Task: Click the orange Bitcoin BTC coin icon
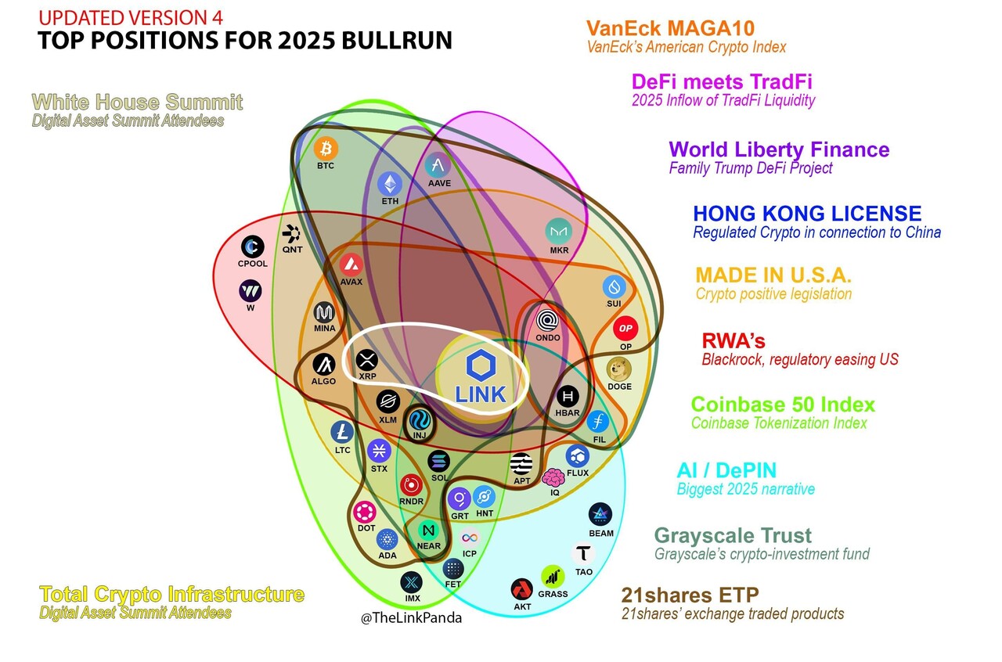pyautogui.click(x=326, y=149)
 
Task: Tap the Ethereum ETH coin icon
pyautogui.click(x=390, y=184)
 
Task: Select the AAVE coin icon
pyautogui.click(x=438, y=165)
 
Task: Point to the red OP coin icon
pyautogui.click(x=625, y=329)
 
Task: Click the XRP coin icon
pyautogui.click(x=367, y=360)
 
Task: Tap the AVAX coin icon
pyautogui.click(x=351, y=264)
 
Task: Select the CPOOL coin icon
pyautogui.click(x=252, y=247)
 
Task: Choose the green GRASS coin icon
pyautogui.click(x=553, y=577)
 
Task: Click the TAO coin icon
pyautogui.click(x=584, y=555)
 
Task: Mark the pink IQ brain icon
pyautogui.click(x=554, y=477)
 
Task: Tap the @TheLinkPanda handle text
pyautogui.click(x=411, y=617)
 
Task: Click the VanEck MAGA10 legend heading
pyautogui.click(x=670, y=29)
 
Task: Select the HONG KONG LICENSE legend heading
pyautogui.click(x=806, y=213)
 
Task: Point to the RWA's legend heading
pyautogui.click(x=733, y=341)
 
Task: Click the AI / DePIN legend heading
pyautogui.click(x=726, y=470)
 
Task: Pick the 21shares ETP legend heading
pyautogui.click(x=690, y=595)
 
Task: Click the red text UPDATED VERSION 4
pyautogui.click(x=130, y=17)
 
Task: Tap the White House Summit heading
pyautogui.click(x=137, y=103)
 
